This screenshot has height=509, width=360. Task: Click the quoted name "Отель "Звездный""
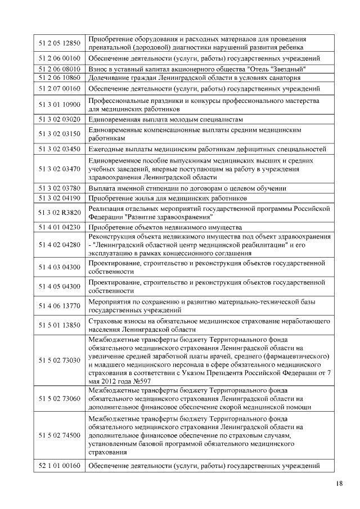289,69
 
